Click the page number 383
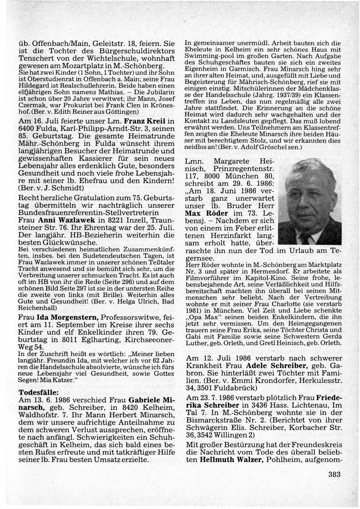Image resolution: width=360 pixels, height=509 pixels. pyautogui.click(x=334, y=474)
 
